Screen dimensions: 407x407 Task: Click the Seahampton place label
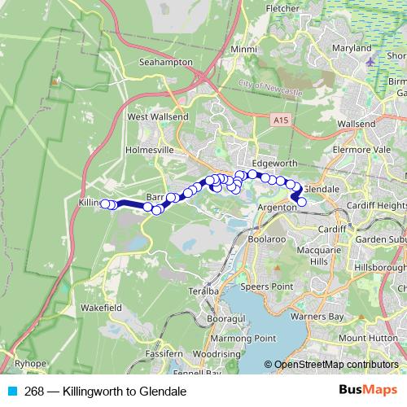click(166, 62)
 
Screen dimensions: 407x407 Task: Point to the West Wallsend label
click(158, 116)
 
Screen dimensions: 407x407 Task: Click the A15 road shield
click(280, 120)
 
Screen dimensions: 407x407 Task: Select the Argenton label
click(275, 208)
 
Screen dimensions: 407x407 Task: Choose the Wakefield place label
click(102, 309)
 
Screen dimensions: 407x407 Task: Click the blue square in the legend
click(11, 391)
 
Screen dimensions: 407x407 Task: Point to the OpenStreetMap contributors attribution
click(335, 365)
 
